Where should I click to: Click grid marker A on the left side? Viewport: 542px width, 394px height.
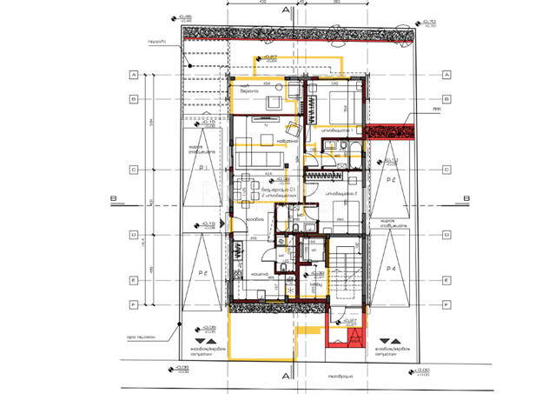pyautogui.click(x=134, y=75)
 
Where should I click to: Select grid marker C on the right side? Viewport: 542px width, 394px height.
pyautogui.click(x=445, y=170)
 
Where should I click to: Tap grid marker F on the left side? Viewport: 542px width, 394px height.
pyautogui.click(x=134, y=304)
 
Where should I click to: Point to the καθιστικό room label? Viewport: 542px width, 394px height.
pyautogui.click(x=288, y=141)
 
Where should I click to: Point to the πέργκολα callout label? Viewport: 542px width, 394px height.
pyautogui.click(x=156, y=40)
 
